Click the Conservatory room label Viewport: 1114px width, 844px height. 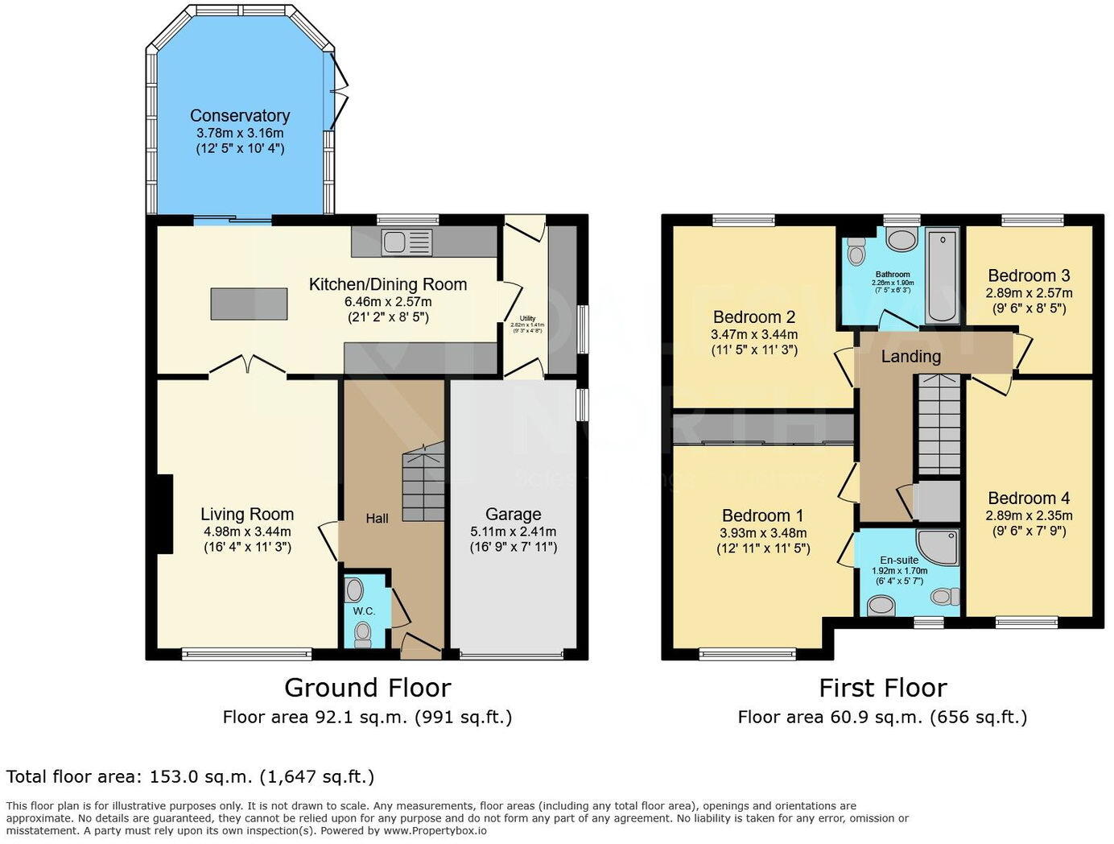click(240, 116)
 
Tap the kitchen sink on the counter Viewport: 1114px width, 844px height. click(407, 241)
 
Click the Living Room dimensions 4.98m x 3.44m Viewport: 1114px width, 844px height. click(247, 532)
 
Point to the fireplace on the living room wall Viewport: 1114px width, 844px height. click(165, 514)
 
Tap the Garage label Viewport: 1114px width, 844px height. click(513, 515)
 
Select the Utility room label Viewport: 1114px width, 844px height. click(527, 318)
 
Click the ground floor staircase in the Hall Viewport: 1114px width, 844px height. click(423, 482)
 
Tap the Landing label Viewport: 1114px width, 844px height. click(910, 356)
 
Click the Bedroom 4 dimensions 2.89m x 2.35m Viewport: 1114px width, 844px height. click(1029, 515)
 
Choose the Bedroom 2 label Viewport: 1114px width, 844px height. click(754, 317)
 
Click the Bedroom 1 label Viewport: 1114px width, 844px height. click(762, 515)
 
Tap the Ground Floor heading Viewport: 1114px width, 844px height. click(367, 688)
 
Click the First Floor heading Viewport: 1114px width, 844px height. click(882, 688)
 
